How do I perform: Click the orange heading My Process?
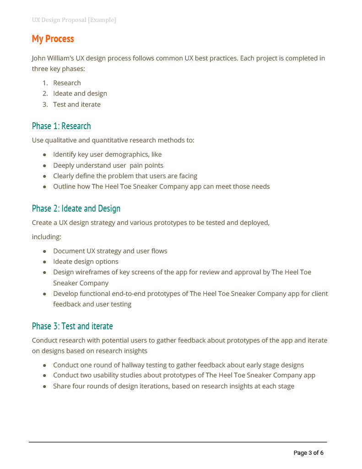53,39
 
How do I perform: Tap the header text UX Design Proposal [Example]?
74,20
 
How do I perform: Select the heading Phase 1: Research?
61,126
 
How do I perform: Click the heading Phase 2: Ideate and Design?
76,208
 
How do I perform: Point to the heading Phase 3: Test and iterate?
72,326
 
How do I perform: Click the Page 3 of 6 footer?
308,453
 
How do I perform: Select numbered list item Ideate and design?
80,93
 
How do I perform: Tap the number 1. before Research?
45,83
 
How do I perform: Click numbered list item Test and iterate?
77,104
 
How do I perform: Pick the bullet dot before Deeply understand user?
44,165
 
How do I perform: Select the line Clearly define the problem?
125,176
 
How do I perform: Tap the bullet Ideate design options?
86,262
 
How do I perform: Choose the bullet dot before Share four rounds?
44,387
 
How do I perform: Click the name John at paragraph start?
39,58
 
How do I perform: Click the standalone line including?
46,237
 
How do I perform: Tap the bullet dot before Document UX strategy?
44,251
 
